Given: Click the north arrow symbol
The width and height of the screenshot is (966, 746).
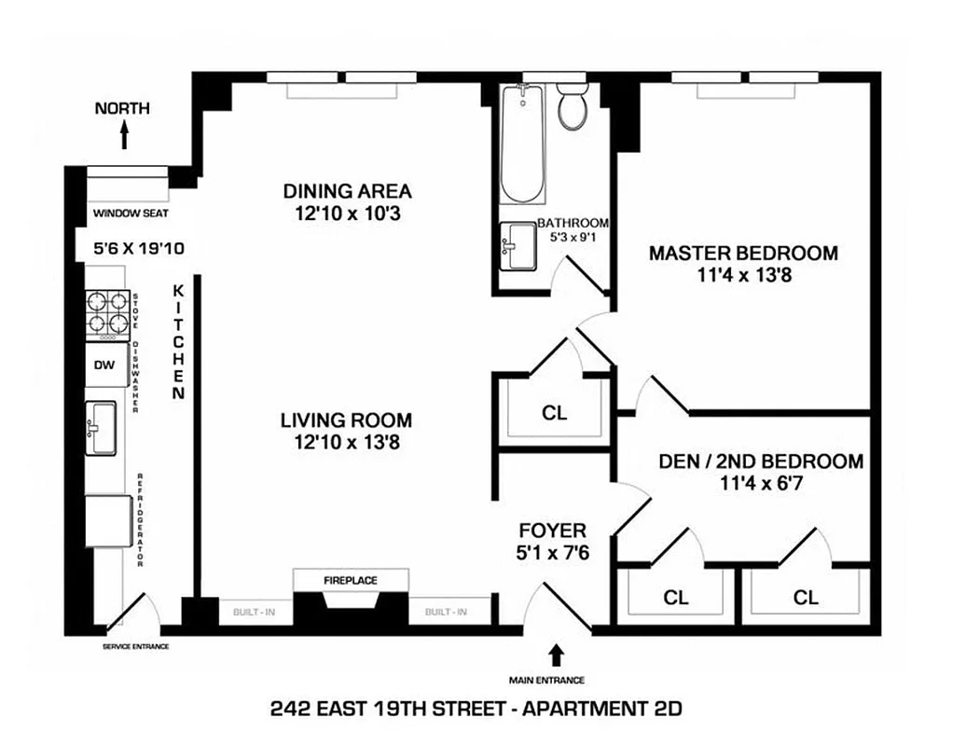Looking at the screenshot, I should click(x=123, y=137).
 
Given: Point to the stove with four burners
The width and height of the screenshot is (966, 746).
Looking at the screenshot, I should click(x=107, y=313).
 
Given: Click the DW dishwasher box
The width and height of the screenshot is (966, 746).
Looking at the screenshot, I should click(x=104, y=365).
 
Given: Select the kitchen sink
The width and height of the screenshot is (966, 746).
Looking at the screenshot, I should click(x=101, y=428).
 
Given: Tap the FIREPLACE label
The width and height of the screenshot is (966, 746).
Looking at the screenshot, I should click(x=351, y=580).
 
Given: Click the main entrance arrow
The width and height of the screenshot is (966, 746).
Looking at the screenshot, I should click(x=558, y=654).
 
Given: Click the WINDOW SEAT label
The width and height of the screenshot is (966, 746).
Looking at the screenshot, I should click(x=131, y=214).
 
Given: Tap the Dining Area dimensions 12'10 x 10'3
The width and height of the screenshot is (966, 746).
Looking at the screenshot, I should click(x=347, y=214).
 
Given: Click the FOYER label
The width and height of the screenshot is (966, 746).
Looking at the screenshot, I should click(x=552, y=531).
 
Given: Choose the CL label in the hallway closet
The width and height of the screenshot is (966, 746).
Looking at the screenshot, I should click(x=554, y=412).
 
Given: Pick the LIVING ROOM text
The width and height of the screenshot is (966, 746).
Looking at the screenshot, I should click(x=346, y=421).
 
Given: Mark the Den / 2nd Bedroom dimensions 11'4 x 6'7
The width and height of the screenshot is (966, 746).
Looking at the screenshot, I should click(x=761, y=483).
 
